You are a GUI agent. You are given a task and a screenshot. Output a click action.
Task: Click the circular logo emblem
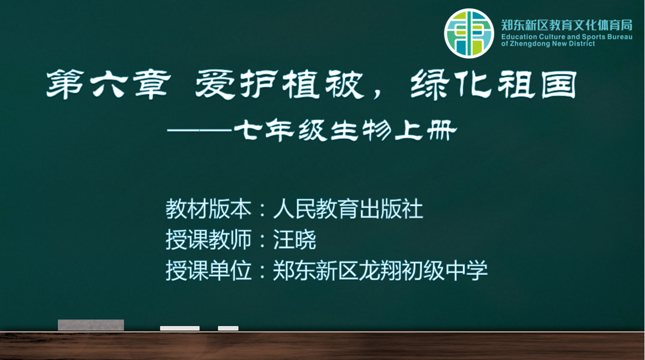[x=469, y=33]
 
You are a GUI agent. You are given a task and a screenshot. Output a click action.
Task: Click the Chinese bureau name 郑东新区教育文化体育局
[x=566, y=25]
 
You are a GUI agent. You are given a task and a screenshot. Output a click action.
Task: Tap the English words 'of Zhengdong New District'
[x=548, y=43]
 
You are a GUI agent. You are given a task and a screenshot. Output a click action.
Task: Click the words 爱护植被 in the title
[x=280, y=84]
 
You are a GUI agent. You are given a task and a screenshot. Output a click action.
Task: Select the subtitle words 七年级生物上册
[x=345, y=131]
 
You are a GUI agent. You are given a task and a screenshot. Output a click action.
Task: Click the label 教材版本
[x=209, y=209]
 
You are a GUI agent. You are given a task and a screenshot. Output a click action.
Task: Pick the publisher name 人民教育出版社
[x=348, y=209]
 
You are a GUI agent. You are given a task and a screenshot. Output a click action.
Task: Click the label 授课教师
[x=209, y=239]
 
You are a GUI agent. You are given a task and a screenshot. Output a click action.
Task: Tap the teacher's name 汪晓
[x=294, y=239]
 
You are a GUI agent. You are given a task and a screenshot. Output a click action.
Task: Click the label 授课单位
[x=209, y=270]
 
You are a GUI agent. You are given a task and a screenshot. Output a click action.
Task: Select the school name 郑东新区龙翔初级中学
[x=381, y=270]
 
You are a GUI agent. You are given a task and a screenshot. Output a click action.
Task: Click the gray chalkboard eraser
[x=91, y=325]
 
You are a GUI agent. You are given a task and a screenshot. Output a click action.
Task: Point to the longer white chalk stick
[x=180, y=328]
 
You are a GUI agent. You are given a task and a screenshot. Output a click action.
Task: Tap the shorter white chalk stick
[x=228, y=328]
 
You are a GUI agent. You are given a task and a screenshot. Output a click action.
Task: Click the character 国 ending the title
[x=559, y=85]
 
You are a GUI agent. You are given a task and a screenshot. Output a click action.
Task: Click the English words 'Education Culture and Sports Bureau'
[x=566, y=36]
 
